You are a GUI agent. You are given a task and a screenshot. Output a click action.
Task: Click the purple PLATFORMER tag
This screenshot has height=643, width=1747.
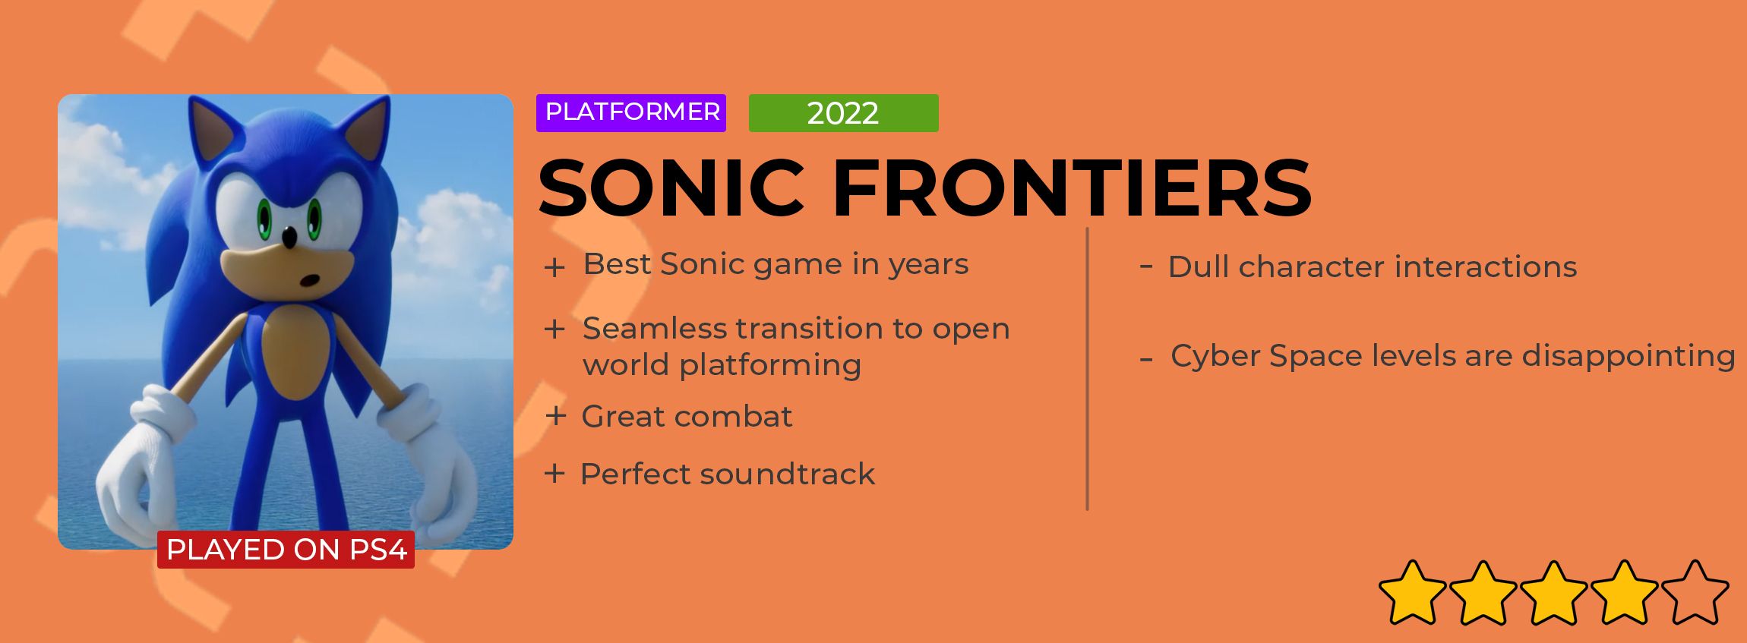(631, 113)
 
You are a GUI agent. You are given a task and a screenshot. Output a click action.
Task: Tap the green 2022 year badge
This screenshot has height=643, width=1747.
(843, 113)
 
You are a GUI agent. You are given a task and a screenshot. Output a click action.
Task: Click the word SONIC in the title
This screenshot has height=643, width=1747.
(671, 188)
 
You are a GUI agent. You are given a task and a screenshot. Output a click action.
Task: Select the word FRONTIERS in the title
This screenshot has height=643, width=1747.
(1072, 188)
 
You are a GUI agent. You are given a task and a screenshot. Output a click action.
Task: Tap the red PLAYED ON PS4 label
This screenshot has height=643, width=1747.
(286, 550)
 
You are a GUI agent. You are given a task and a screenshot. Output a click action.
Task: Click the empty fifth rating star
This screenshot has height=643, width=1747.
(1695, 593)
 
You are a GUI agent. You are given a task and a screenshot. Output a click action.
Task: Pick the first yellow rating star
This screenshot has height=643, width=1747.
(1413, 593)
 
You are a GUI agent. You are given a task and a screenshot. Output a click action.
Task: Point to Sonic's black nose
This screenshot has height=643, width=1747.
(289, 238)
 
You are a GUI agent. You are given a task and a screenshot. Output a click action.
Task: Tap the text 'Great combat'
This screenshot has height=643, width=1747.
(687, 417)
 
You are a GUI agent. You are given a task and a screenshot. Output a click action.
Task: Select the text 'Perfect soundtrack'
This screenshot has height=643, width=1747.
(728, 474)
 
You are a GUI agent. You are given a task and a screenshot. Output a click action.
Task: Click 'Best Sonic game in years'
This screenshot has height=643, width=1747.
(776, 265)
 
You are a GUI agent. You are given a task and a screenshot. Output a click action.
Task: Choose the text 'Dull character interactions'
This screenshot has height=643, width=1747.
(1373, 267)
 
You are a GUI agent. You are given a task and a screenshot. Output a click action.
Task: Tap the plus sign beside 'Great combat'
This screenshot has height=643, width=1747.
(556, 416)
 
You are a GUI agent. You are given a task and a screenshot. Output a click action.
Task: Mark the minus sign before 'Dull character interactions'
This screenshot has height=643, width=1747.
(1146, 266)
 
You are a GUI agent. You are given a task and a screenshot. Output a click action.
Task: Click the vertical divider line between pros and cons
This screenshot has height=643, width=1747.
(1088, 369)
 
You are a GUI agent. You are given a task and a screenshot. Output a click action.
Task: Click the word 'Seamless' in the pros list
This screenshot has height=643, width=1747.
(656, 329)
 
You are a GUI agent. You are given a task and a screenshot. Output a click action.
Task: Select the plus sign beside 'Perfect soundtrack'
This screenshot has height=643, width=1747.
(554, 474)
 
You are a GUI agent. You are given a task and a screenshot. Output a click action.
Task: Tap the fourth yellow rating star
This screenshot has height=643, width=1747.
(1624, 593)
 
